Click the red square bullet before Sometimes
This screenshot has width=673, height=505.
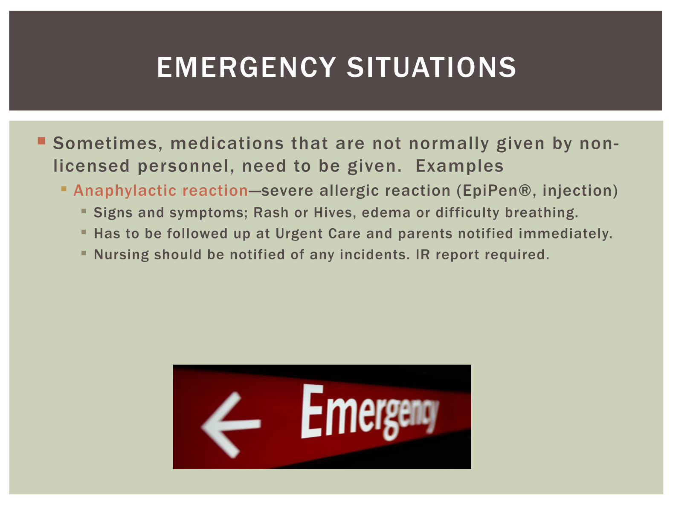point(41,141)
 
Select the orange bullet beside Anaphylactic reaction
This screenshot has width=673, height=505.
point(64,189)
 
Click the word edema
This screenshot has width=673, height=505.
point(386,213)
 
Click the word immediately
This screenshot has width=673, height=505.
point(566,234)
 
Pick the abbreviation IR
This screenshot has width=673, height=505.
point(423,255)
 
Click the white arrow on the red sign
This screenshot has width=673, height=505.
point(231,425)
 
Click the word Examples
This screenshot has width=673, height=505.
point(459,166)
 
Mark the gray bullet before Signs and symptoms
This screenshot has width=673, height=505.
point(84,211)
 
